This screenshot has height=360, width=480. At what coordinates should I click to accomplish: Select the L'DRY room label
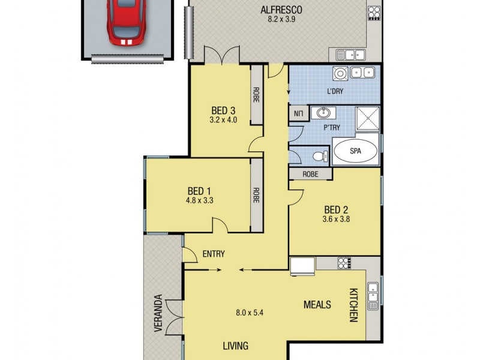335,91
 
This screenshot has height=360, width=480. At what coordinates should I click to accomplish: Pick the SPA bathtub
355,151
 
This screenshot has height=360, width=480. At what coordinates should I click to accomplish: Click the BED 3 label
223,110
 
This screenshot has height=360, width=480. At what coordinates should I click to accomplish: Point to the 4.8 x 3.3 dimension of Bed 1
200,200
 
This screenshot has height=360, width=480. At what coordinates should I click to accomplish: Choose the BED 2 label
337,209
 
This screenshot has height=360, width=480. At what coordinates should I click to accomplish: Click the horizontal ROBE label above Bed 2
310,174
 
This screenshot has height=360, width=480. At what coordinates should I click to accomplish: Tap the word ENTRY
213,254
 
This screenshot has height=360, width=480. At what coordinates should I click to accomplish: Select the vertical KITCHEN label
353,304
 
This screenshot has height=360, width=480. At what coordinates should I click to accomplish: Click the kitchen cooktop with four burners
344,262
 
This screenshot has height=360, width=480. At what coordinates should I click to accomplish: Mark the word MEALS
317,305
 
